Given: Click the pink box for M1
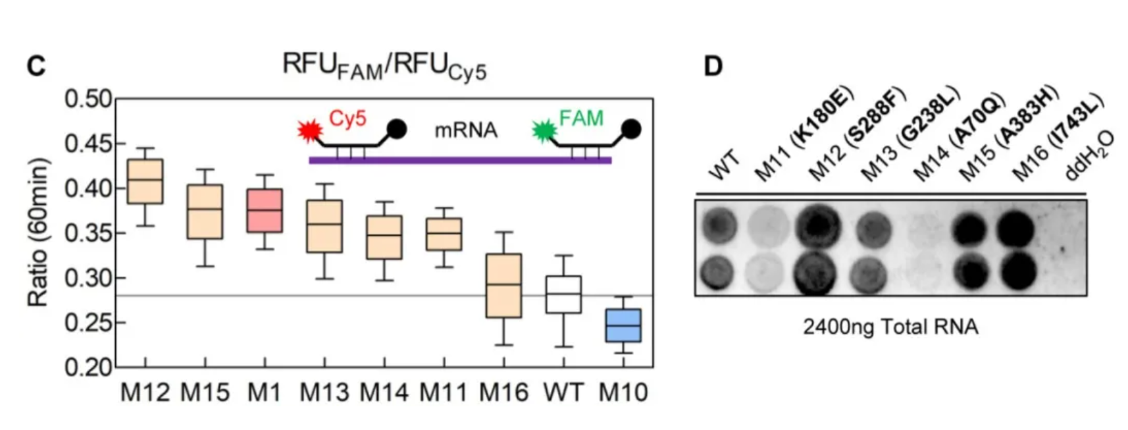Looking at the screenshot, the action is click(x=265, y=211).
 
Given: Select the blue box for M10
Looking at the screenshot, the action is click(x=623, y=326).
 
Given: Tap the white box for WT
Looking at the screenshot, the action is click(x=563, y=294).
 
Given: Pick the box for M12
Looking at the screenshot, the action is click(x=145, y=182).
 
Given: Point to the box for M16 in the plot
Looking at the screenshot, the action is click(x=503, y=285).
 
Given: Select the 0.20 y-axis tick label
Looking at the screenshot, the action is click(x=88, y=367).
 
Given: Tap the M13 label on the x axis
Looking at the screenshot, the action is click(x=324, y=392).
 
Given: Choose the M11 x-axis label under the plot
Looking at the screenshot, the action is click(x=444, y=392).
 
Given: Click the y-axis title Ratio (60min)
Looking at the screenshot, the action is click(x=39, y=232).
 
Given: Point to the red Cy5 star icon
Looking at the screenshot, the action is click(x=310, y=131).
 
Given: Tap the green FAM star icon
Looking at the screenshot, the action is click(x=544, y=131).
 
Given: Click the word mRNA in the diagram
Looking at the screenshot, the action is click(x=466, y=130).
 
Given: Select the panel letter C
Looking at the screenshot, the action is click(x=36, y=67).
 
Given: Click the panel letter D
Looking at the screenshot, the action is click(x=713, y=66).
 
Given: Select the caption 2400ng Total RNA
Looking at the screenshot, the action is click(x=891, y=327).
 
